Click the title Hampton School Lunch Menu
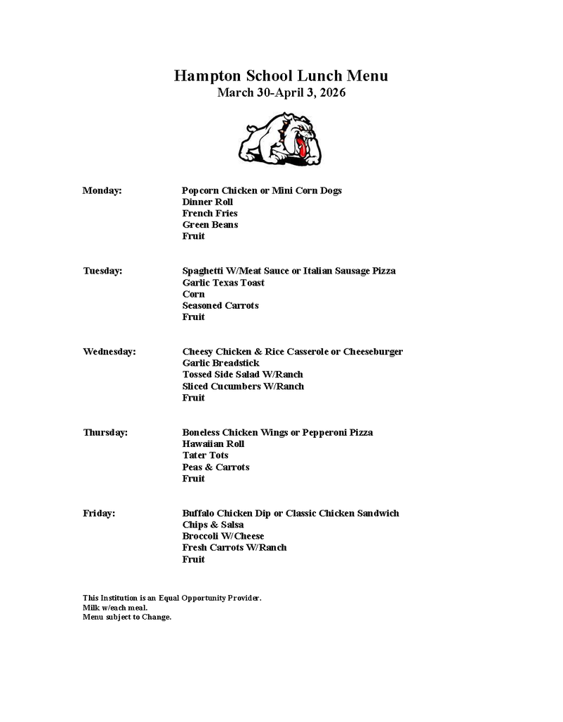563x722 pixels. click(x=281, y=76)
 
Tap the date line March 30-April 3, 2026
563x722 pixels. click(x=281, y=92)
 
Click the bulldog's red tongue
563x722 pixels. click(x=301, y=148)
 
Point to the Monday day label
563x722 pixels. click(x=102, y=190)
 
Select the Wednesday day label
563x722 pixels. click(x=109, y=352)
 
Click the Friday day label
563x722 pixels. click(x=99, y=513)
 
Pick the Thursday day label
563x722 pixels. click(x=105, y=432)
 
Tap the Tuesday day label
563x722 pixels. click(x=102, y=271)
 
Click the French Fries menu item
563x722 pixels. click(x=210, y=214)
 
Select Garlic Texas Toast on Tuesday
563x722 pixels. click(x=223, y=283)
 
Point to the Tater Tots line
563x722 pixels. click(x=205, y=455)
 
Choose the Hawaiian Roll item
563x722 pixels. click(x=213, y=444)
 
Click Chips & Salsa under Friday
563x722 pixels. click(x=212, y=525)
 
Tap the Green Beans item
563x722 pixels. click(x=210, y=225)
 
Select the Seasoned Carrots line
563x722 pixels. click(x=220, y=306)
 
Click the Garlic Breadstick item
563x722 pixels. click(x=220, y=363)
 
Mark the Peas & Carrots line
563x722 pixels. click(x=215, y=467)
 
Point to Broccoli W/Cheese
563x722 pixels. click(x=223, y=537)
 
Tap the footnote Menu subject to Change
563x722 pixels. click(x=127, y=617)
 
